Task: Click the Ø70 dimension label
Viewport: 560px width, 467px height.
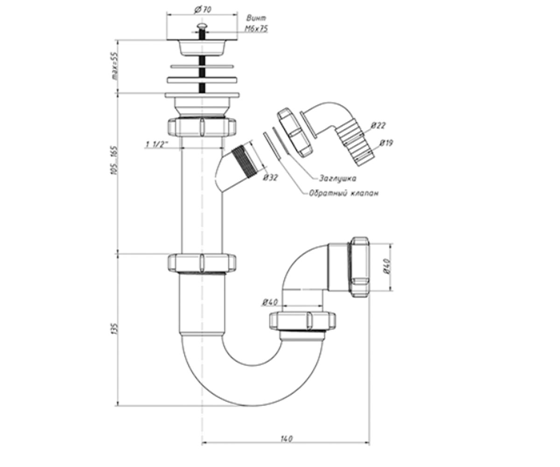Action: coord(203,10)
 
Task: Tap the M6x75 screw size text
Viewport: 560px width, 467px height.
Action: coord(257,28)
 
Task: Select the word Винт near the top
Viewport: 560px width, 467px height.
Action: coord(256,18)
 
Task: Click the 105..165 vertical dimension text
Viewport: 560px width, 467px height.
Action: coord(114,160)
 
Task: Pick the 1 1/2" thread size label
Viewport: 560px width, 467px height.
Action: coord(157,145)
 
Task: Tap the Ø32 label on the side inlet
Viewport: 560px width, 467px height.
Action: coord(270,177)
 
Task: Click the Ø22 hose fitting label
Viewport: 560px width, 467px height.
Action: coord(378,125)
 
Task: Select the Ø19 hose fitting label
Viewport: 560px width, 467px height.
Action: coord(386,143)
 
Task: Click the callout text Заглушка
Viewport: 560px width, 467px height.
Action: coord(337,178)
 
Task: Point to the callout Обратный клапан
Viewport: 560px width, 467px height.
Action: coord(343,193)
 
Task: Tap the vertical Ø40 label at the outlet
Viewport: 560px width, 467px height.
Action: coord(387,267)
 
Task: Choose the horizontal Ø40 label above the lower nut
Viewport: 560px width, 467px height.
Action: coord(270,303)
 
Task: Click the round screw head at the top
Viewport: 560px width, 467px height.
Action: coord(201,26)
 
